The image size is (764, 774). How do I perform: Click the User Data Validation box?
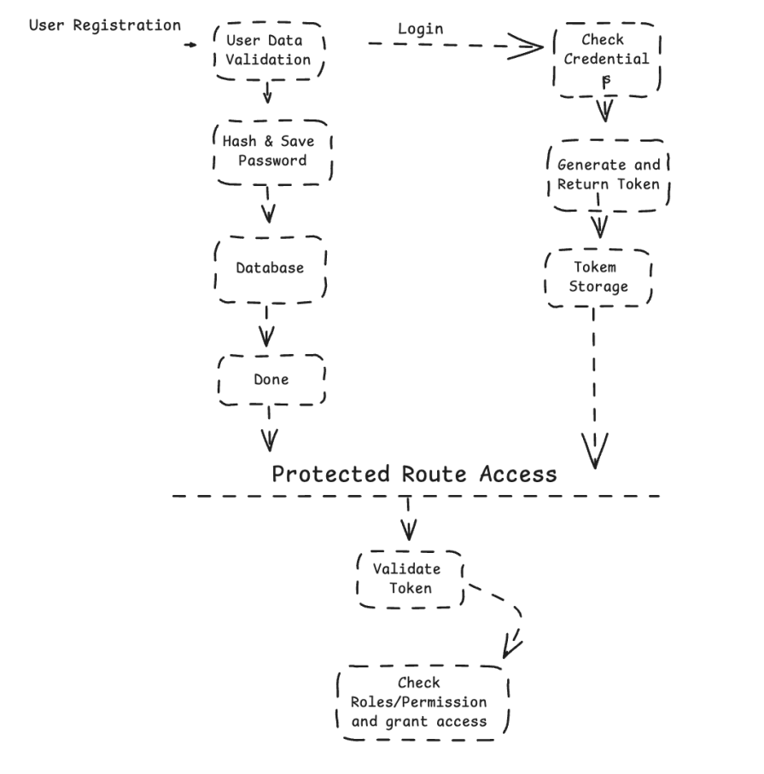pyautogui.click(x=268, y=49)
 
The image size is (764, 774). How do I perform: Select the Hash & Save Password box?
pyautogui.click(x=271, y=151)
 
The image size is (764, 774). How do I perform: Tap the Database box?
pyautogui.click(x=270, y=268)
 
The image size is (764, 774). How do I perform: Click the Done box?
pyautogui.click(x=271, y=380)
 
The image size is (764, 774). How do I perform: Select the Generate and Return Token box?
pyautogui.click(x=609, y=174)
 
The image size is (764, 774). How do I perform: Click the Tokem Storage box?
pyautogui.click(x=598, y=277)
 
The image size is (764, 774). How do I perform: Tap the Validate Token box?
pyautogui.click(x=410, y=578)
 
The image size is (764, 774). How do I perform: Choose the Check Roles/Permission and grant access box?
pyautogui.click(x=423, y=701)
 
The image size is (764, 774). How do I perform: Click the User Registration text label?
pyautogui.click(x=104, y=25)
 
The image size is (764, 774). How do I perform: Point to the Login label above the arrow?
pyautogui.click(x=421, y=29)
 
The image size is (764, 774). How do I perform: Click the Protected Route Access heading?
pyautogui.click(x=414, y=474)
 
